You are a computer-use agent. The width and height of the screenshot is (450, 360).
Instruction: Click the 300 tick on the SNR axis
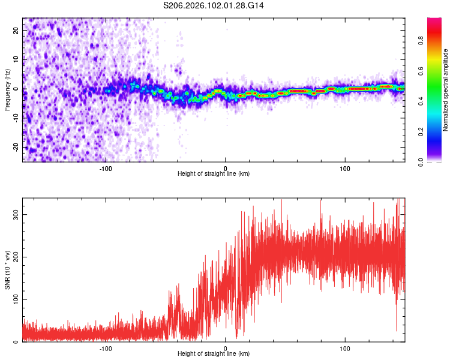point(16,214)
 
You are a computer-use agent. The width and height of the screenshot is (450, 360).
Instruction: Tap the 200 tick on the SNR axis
point(16,257)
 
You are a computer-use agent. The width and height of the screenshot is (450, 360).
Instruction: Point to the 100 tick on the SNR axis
point(16,299)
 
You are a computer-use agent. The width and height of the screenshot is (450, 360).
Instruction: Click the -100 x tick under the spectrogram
point(106,169)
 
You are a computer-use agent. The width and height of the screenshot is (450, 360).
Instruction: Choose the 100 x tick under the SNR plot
point(345,349)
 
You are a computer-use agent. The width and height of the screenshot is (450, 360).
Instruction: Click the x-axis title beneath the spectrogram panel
point(214,174)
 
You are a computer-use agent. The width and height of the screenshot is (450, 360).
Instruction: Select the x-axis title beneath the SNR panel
point(214,354)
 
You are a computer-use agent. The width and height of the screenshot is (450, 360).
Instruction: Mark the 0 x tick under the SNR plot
point(226,349)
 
